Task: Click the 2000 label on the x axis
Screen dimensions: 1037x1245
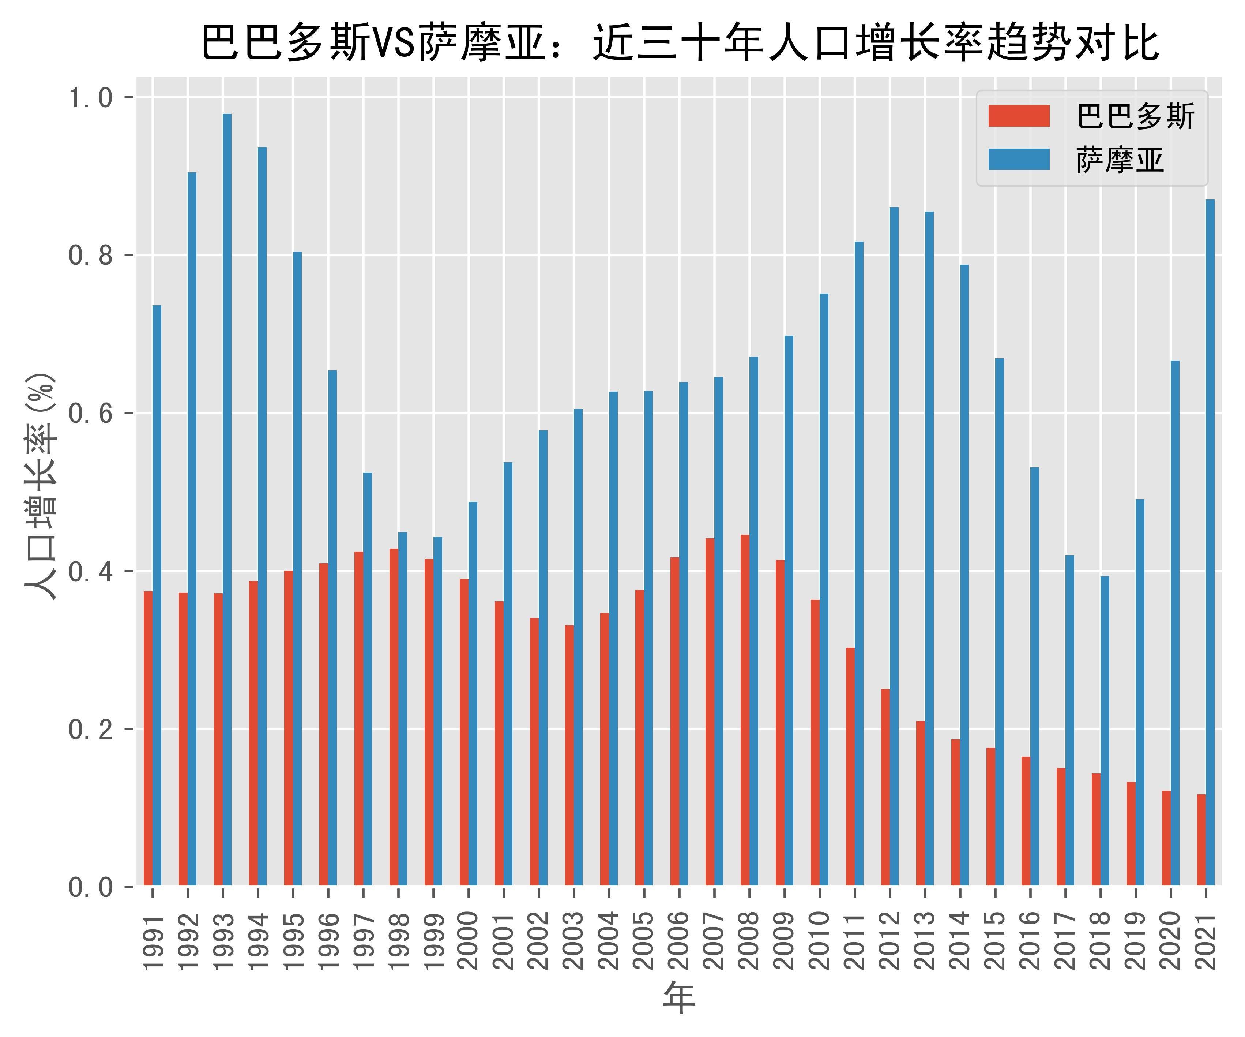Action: pyautogui.click(x=469, y=940)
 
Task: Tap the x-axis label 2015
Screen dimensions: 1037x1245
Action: pyautogui.click(x=995, y=940)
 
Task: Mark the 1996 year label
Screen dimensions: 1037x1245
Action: pyautogui.click(x=328, y=940)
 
